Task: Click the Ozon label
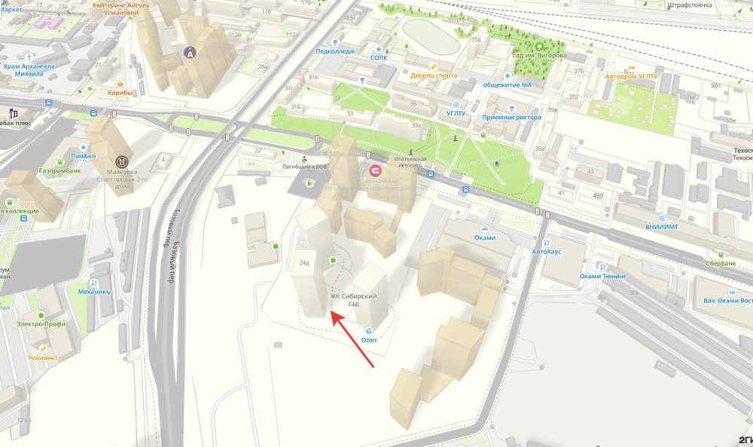368,340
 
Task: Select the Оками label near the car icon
485,237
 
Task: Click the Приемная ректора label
512,117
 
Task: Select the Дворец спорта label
434,75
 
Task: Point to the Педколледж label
335,51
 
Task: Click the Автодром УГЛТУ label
631,76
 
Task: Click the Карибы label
120,93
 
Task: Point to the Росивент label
43,357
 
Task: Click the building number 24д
304,263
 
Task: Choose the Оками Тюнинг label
602,276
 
